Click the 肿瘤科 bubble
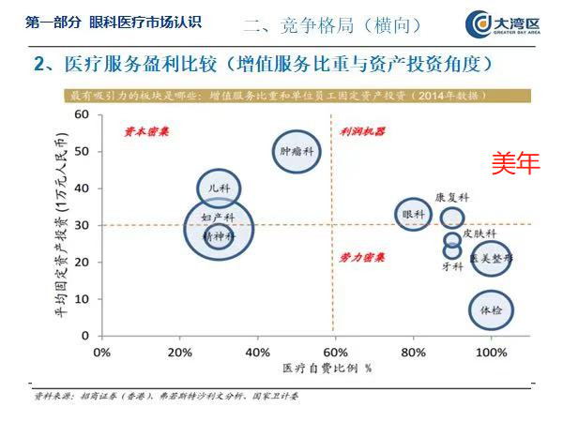click(x=297, y=150)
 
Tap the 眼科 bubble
click(x=413, y=216)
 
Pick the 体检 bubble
click(x=491, y=309)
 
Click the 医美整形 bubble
click(x=491, y=256)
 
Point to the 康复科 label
click(x=451, y=198)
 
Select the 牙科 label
click(x=452, y=266)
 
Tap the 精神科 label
click(x=219, y=237)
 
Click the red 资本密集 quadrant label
click(x=147, y=132)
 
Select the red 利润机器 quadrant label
click(x=362, y=132)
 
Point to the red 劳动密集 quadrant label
click(x=362, y=255)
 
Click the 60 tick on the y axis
click(x=82, y=114)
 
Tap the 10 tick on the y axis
click(x=83, y=299)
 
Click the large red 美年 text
click(x=517, y=164)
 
